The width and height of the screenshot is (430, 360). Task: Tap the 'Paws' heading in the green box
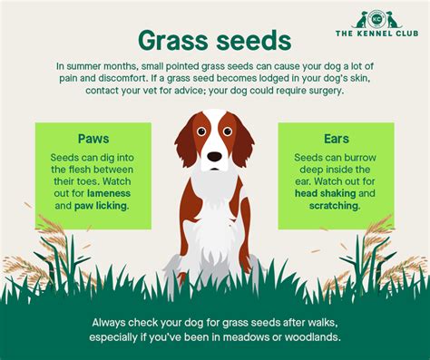point(94,139)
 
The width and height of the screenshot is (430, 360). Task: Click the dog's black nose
point(214,156)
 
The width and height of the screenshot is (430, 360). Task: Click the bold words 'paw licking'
point(103,205)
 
